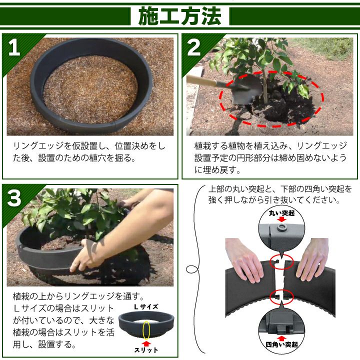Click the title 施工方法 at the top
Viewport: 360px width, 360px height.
pyautogui.click(x=180, y=16)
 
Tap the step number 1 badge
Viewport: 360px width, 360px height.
pyautogui.click(x=14, y=47)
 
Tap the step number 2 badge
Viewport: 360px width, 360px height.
pyautogui.click(x=194, y=47)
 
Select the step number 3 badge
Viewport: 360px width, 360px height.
pyautogui.click(x=14, y=198)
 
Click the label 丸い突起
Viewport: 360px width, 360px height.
pyautogui.click(x=281, y=213)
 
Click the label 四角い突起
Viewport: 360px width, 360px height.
pyautogui.click(x=281, y=344)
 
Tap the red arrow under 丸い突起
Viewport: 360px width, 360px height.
pyautogui.click(x=281, y=219)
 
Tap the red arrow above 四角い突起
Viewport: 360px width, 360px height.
pyautogui.click(x=281, y=338)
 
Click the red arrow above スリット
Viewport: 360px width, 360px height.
pyautogui.click(x=146, y=343)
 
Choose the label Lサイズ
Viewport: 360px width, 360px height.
pyautogui.click(x=146, y=307)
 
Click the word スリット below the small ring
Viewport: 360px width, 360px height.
pyautogui.click(x=146, y=350)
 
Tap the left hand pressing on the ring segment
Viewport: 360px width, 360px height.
pyautogui.click(x=244, y=259)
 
